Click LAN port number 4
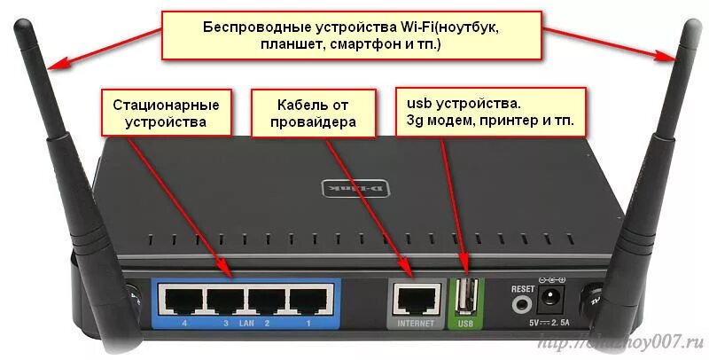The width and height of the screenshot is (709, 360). pyautogui.click(x=181, y=301)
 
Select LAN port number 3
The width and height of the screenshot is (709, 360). pyautogui.click(x=223, y=301)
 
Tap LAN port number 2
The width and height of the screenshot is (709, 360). pyautogui.click(x=267, y=301)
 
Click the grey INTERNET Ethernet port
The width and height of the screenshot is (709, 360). pyautogui.click(x=415, y=300)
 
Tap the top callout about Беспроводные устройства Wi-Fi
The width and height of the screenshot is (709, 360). pyautogui.click(x=351, y=35)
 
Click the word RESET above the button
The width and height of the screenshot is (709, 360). pyautogui.click(x=524, y=288)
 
